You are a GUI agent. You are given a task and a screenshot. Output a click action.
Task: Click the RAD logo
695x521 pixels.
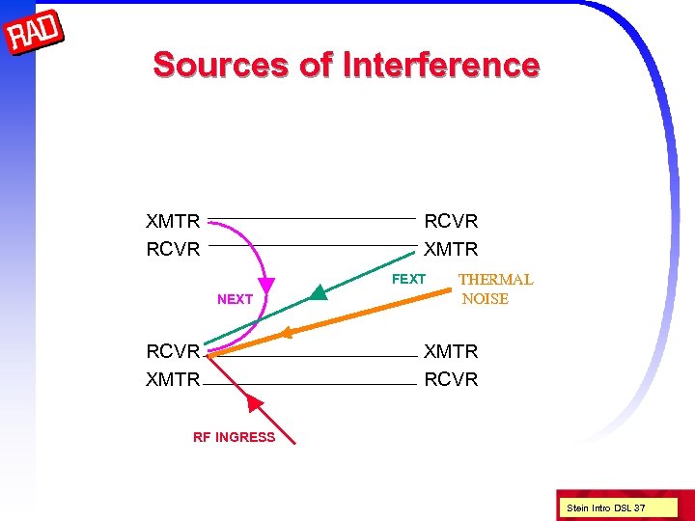point(35,35)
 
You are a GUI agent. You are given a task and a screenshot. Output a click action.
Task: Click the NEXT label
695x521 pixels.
point(235,299)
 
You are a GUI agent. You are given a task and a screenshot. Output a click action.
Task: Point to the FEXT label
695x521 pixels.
point(408,279)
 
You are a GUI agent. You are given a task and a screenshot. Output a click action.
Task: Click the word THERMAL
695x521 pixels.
point(495,280)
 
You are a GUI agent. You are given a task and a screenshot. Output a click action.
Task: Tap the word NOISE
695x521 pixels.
point(485,299)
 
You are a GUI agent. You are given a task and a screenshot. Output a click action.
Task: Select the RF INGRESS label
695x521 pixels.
point(234,437)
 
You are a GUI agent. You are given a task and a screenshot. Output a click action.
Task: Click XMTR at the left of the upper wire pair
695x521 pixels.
point(173,222)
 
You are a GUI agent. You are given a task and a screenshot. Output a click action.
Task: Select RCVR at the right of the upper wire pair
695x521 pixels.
point(451,222)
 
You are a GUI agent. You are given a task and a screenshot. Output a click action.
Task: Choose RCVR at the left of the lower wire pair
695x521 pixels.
point(173,351)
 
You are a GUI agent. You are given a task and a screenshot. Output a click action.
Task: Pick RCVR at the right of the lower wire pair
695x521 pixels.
point(451,379)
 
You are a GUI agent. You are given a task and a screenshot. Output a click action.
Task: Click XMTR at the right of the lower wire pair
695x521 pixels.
point(451,351)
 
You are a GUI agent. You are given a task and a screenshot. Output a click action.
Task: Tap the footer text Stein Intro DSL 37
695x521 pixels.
point(606,507)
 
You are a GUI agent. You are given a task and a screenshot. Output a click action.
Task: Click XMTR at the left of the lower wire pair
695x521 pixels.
point(173,379)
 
